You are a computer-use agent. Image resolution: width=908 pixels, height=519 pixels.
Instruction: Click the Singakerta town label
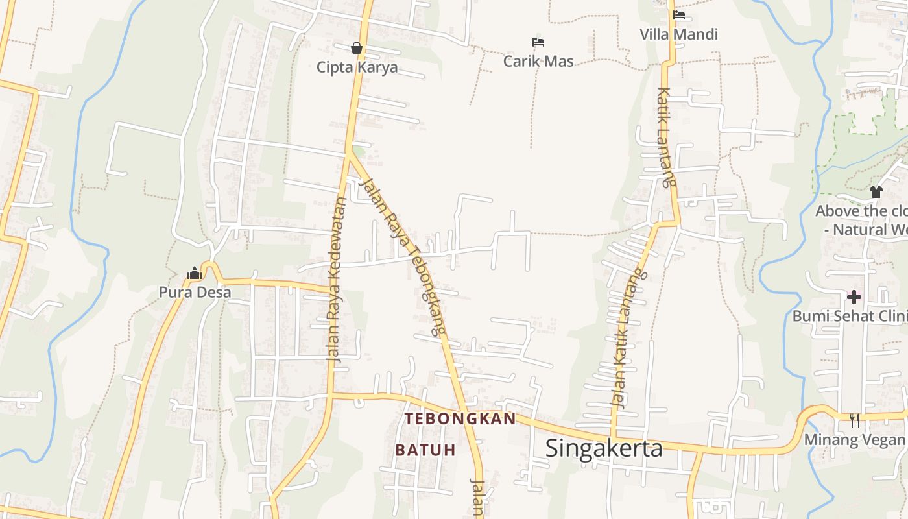(x=604, y=448)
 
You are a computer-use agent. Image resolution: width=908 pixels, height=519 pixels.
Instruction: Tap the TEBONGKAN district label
(x=460, y=419)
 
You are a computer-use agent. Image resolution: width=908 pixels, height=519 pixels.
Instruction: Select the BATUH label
(x=425, y=450)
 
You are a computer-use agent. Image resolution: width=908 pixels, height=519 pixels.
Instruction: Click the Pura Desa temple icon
(x=195, y=274)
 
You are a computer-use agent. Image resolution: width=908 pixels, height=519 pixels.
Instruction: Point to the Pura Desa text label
(x=195, y=293)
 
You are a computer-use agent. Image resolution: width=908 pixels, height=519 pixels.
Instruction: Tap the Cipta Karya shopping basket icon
(x=357, y=48)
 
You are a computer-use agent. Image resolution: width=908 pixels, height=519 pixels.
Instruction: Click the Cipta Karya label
(x=357, y=67)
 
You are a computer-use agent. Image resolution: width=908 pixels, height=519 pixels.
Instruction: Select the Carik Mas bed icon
(x=538, y=42)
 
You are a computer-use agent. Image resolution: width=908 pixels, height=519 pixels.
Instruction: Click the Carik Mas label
(x=538, y=61)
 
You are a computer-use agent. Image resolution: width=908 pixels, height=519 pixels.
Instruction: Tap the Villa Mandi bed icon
(x=679, y=15)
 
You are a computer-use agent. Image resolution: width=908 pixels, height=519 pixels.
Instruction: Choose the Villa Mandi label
(x=679, y=34)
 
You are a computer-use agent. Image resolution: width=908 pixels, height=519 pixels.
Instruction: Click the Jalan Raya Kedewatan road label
(x=335, y=279)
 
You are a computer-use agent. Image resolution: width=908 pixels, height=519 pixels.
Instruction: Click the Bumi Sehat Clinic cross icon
(x=854, y=297)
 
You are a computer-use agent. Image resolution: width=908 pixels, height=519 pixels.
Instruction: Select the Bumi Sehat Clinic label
(x=850, y=316)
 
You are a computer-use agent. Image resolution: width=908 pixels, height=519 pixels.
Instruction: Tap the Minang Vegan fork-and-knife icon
(x=855, y=420)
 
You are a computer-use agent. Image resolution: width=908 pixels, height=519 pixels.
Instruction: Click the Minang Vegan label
(x=855, y=440)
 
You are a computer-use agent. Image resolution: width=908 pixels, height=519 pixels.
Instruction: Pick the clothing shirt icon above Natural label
(x=876, y=191)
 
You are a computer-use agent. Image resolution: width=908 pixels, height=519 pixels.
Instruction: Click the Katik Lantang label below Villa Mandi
(x=666, y=138)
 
